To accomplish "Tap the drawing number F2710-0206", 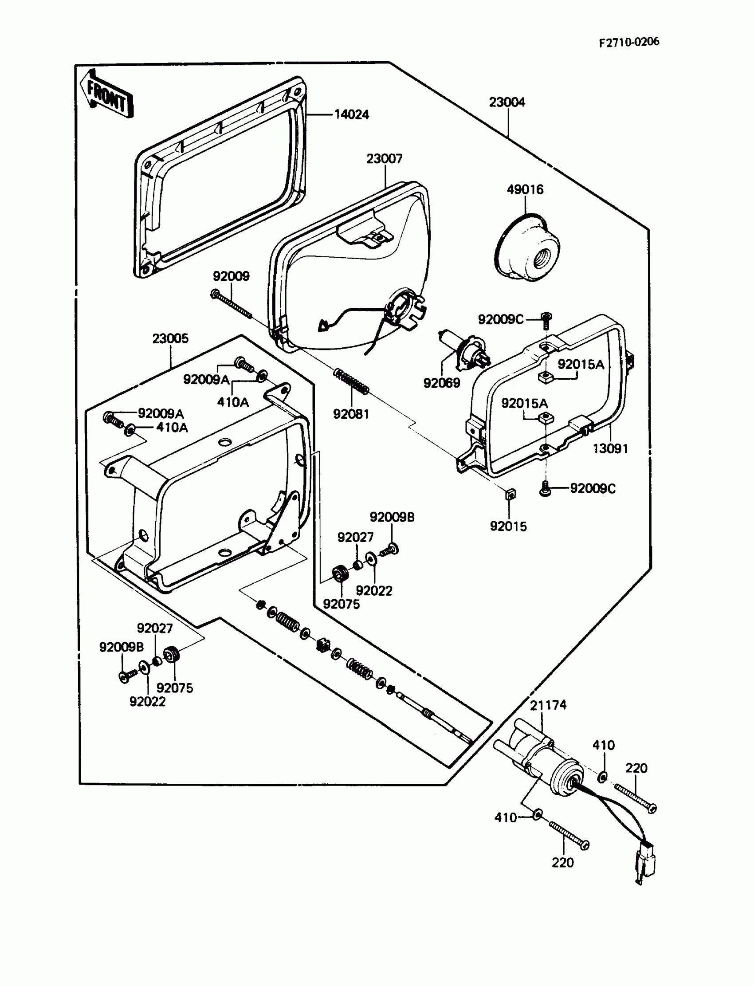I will tap(629, 42).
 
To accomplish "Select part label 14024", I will tap(351, 115).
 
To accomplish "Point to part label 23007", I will tap(384, 159).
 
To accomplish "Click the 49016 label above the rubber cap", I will tap(525, 189).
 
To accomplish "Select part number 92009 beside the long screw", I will tap(231, 276).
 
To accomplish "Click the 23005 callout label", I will tap(170, 338).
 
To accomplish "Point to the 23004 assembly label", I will tap(507, 102).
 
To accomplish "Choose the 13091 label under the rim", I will tap(610, 448).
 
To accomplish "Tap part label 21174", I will tap(548, 705).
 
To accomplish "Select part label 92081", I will tap(350, 414).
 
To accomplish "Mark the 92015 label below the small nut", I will tap(508, 526).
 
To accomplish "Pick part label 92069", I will tap(442, 383).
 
